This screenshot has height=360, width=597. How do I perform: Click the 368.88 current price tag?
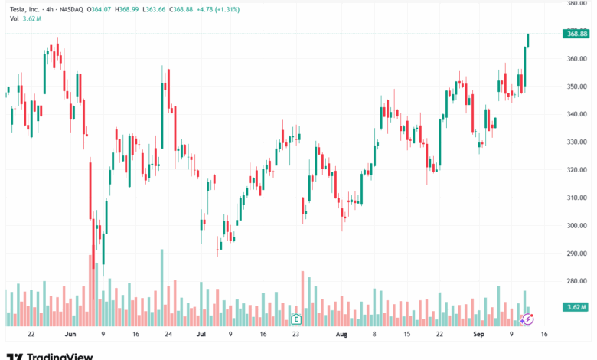(x=575, y=34)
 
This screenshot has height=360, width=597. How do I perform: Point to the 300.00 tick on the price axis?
(x=576, y=225)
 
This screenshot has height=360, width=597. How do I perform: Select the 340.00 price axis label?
(x=576, y=114)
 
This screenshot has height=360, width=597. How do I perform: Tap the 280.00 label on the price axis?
(x=576, y=281)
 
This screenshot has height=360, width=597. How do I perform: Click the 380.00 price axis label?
(x=576, y=3)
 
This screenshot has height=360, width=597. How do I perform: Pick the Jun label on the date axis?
(x=70, y=335)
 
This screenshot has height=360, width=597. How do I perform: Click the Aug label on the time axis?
(x=341, y=335)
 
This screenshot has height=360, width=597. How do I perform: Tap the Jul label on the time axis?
(x=201, y=335)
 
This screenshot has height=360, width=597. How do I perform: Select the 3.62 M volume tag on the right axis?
(x=575, y=306)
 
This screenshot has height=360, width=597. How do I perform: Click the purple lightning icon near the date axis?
(x=527, y=317)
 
